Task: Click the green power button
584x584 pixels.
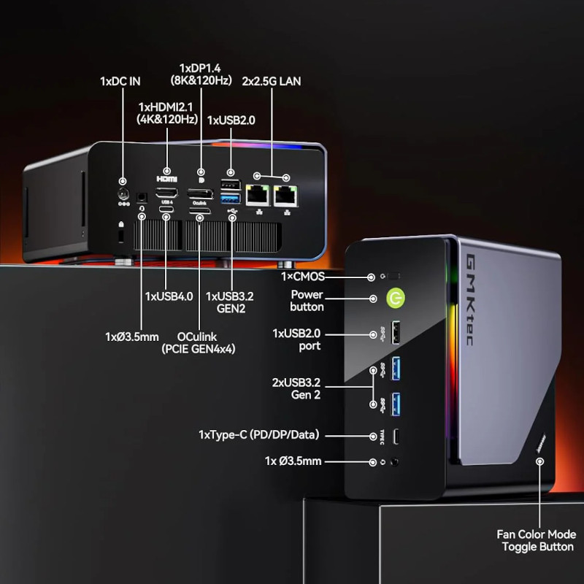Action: [396, 299]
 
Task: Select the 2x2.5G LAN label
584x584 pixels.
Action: [271, 82]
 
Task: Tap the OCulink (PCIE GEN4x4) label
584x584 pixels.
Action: [198, 342]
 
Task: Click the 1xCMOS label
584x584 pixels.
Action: [303, 277]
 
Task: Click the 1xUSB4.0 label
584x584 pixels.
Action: [169, 296]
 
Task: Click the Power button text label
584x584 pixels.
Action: [307, 301]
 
